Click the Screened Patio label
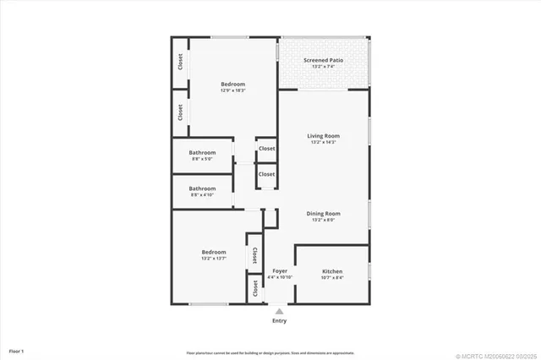coord(323,60)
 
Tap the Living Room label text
coord(323,135)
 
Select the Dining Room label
coord(323,213)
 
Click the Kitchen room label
coord(332,271)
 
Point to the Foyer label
coord(280,271)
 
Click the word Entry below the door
coord(279,321)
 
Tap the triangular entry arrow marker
coord(279,311)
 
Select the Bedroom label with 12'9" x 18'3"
coord(233,84)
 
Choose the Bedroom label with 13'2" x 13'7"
coord(213,252)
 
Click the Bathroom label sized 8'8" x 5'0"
coord(202,152)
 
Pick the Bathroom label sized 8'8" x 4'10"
coord(202,188)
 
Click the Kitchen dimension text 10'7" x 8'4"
coord(332,278)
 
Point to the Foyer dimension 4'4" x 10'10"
coord(280,278)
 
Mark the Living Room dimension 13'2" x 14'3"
coord(323,142)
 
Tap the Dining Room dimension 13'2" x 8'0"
coord(323,220)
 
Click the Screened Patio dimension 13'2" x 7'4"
coord(323,67)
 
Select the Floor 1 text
coord(16,350)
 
